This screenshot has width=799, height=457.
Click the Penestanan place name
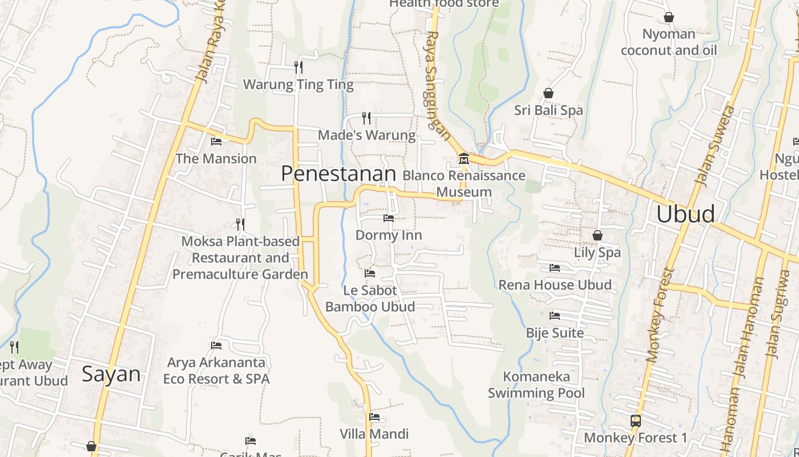pos(338,174)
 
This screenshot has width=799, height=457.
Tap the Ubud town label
pos(685,214)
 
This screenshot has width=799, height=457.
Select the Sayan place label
pos(111,374)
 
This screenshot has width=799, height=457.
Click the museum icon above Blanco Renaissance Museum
pos(463,158)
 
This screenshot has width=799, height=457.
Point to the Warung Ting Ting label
pos(298,85)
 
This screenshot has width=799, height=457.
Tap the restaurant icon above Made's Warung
pos(366,118)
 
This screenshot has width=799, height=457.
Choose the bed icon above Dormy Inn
pos(389,218)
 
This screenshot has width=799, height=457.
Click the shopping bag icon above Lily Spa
pos(598,235)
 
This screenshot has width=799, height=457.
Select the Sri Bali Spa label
pos(548,110)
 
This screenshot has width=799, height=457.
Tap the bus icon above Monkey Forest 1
pos(635,421)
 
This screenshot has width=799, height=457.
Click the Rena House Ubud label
pos(555,284)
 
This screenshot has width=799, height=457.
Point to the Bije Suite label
pos(555,333)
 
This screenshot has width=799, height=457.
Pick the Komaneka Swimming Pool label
pos(536,384)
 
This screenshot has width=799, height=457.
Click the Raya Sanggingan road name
pos(438,86)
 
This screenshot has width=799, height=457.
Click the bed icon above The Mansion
pos(216,141)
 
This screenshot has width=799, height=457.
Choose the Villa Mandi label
pos(374,434)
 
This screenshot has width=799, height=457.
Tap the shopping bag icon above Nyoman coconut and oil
pos(669,18)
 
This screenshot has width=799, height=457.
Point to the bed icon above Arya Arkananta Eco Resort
pos(216,345)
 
